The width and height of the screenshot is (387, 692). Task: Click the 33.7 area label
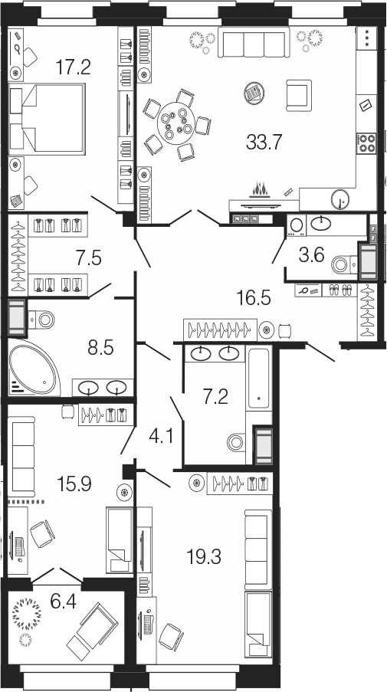tap(264, 143)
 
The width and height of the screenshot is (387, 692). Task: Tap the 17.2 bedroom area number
tap(74, 67)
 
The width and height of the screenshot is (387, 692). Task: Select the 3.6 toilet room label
tap(312, 254)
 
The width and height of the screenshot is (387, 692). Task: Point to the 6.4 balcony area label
tap(63, 602)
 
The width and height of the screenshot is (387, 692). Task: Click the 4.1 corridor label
tap(159, 438)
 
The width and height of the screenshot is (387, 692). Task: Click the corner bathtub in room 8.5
tap(33, 367)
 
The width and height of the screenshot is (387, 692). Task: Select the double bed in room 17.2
tap(46, 119)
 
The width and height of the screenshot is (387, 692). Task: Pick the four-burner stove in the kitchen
tap(366, 143)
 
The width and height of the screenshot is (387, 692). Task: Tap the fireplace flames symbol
tap(261, 190)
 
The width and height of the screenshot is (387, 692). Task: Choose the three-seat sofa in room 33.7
tap(254, 41)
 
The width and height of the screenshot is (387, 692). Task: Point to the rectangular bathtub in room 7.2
tap(259, 379)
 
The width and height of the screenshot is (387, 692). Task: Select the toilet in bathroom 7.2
tap(238, 441)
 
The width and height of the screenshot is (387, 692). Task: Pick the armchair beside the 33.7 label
tap(299, 95)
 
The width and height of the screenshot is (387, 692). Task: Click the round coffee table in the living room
tap(254, 93)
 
